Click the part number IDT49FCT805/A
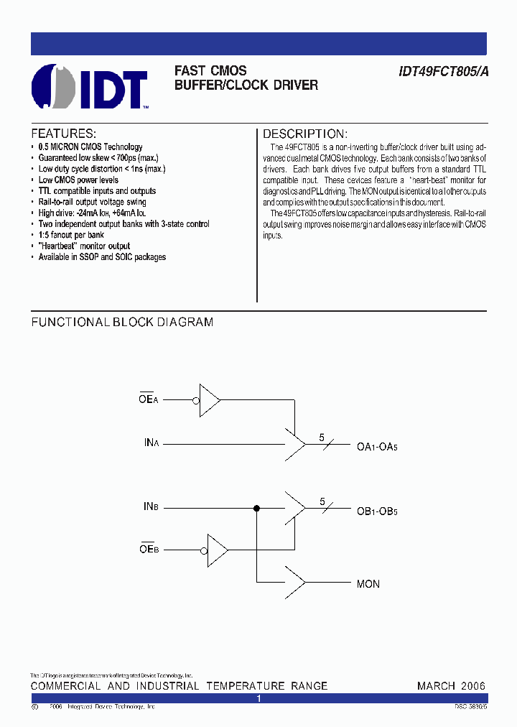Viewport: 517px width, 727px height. (442, 71)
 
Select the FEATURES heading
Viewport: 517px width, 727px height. (63, 134)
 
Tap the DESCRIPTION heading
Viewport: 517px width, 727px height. (305, 134)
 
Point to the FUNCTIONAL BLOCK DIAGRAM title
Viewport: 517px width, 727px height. (122, 323)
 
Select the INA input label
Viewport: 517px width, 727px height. (151, 443)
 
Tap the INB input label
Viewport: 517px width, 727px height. (151, 507)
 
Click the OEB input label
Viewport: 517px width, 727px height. (149, 550)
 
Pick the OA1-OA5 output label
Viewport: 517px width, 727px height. (377, 447)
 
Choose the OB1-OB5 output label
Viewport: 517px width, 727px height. (377, 511)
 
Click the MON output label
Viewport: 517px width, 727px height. (368, 584)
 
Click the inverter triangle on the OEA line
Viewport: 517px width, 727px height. (210, 399)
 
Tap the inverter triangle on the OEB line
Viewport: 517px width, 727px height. (216, 550)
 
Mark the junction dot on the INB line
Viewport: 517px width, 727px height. (256, 508)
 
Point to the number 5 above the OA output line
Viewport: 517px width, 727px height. (322, 437)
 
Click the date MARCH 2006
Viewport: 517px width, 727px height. (451, 686)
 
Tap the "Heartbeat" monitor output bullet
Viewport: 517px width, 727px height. (84, 246)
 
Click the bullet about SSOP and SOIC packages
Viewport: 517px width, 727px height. (102, 256)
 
